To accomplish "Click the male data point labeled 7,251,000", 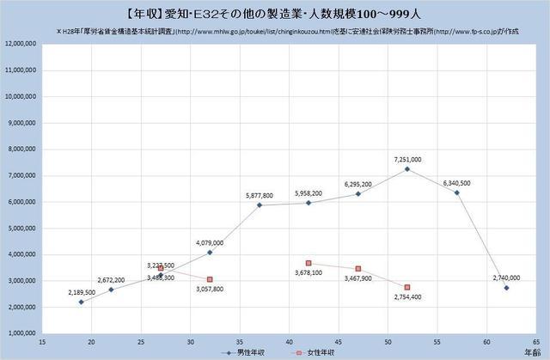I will point(407,168).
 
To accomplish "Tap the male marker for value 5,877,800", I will point(260,204).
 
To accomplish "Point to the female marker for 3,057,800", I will point(210,279).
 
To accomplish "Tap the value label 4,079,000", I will point(210,242).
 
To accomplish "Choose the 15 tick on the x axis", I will point(40,342).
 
